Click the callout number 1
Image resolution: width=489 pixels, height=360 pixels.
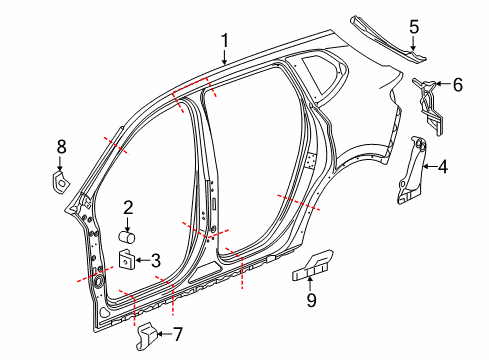tap(226, 41)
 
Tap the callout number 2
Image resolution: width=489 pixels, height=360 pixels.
tap(129, 208)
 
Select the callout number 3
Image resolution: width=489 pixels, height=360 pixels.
tap(156, 260)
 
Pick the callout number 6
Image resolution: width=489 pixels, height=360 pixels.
tap(458, 85)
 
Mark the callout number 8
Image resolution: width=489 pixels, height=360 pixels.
tap(61, 147)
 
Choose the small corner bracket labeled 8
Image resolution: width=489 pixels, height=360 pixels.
tap(59, 181)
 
